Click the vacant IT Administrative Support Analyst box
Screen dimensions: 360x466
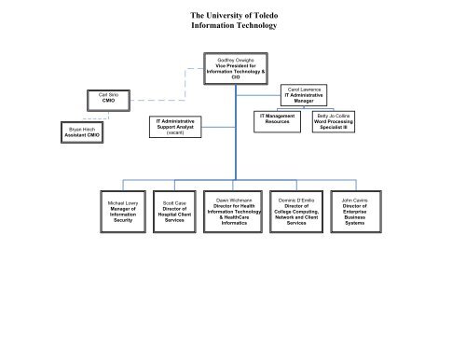172,127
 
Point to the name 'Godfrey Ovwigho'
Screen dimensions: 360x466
233,58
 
